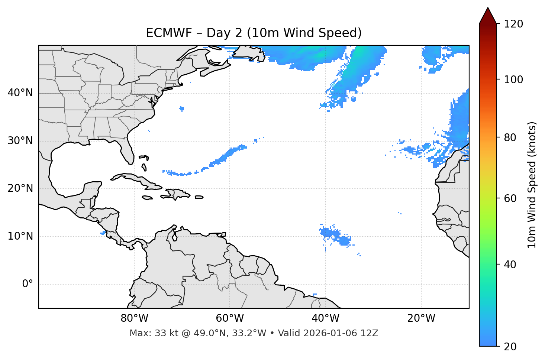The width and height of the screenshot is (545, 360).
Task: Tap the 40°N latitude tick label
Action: click(20, 93)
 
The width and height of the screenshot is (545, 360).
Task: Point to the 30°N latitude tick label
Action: click(20, 141)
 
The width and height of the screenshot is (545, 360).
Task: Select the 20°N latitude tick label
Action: click(20, 188)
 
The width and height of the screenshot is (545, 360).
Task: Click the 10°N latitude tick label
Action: click(20, 236)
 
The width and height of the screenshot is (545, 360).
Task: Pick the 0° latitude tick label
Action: click(27, 284)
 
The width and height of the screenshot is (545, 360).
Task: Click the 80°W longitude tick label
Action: click(134, 318)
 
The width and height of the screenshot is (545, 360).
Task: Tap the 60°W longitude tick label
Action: click(230, 318)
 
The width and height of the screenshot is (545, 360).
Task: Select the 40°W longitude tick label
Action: click(326, 318)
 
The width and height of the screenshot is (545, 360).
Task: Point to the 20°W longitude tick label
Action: click(421, 318)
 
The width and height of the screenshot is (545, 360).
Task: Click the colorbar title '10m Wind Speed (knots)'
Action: click(532, 185)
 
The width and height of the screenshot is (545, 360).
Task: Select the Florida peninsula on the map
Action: click(128, 152)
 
